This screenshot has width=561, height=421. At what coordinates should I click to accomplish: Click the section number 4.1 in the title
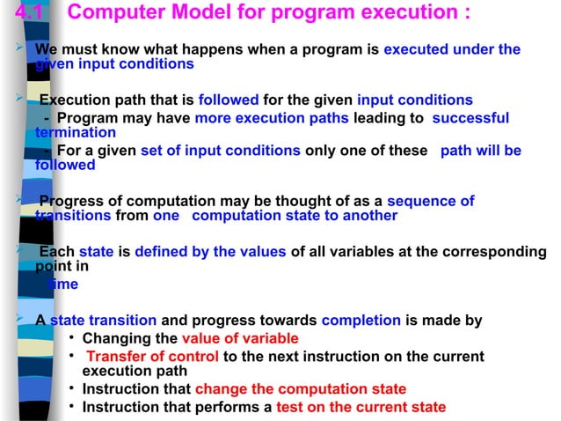(x=21, y=14)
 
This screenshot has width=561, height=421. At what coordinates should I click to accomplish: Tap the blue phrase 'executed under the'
(x=452, y=49)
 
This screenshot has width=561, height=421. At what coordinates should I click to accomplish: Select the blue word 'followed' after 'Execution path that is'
(x=227, y=100)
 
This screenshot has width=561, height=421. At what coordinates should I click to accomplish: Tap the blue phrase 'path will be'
(x=480, y=151)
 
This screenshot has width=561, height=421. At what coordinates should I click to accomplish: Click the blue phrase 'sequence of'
(x=430, y=201)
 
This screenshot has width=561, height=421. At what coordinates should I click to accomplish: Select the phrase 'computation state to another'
(x=294, y=216)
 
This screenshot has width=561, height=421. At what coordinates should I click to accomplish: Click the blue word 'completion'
(x=361, y=321)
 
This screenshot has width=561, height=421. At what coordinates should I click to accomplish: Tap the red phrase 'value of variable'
(x=239, y=338)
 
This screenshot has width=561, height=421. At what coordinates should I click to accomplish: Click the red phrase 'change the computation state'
(x=300, y=389)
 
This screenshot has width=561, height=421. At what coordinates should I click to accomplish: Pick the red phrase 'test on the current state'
(x=361, y=407)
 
